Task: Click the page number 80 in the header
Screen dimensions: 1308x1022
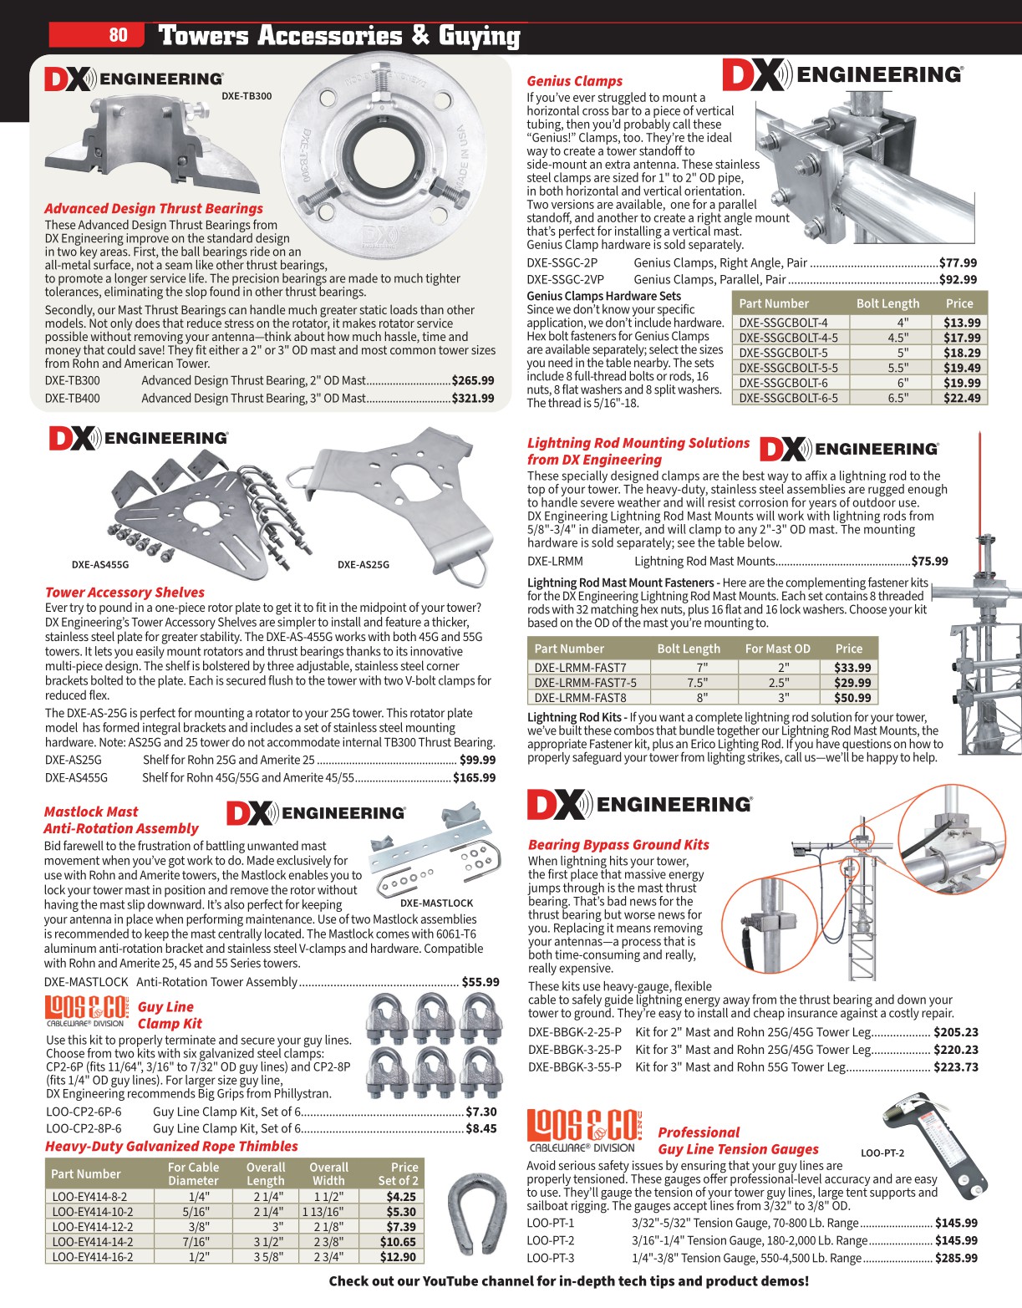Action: coord(118,34)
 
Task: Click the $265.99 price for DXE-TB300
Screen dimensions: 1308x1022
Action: coord(473,380)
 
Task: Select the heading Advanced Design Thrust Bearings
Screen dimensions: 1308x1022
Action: coord(154,209)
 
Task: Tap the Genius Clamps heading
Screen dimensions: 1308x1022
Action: coord(574,81)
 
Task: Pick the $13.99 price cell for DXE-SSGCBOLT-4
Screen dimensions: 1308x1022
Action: coord(962,323)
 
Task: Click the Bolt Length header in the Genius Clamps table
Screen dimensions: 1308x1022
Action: coord(887,303)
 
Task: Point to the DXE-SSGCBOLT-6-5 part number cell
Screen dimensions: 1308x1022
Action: coord(788,398)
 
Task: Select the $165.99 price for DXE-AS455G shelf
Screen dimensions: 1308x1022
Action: coord(474,777)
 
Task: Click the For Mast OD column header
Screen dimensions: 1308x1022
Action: coord(777,649)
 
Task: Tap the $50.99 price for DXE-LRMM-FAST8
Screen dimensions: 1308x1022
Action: coord(852,698)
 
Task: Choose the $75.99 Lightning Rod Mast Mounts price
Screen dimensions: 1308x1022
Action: coord(929,562)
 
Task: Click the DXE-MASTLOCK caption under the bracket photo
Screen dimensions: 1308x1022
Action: coord(436,903)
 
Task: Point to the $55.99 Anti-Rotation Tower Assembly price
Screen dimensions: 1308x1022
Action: coord(480,982)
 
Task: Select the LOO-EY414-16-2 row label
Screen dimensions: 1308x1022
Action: coord(92,1257)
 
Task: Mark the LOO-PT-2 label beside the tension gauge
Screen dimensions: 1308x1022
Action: coord(882,1153)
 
